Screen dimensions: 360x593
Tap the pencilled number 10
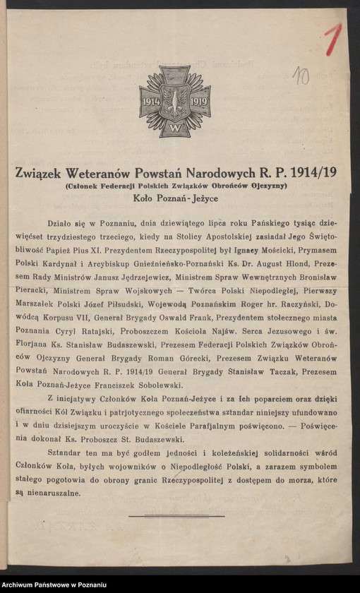pos(302,76)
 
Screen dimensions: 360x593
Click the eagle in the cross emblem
pos(174,102)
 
